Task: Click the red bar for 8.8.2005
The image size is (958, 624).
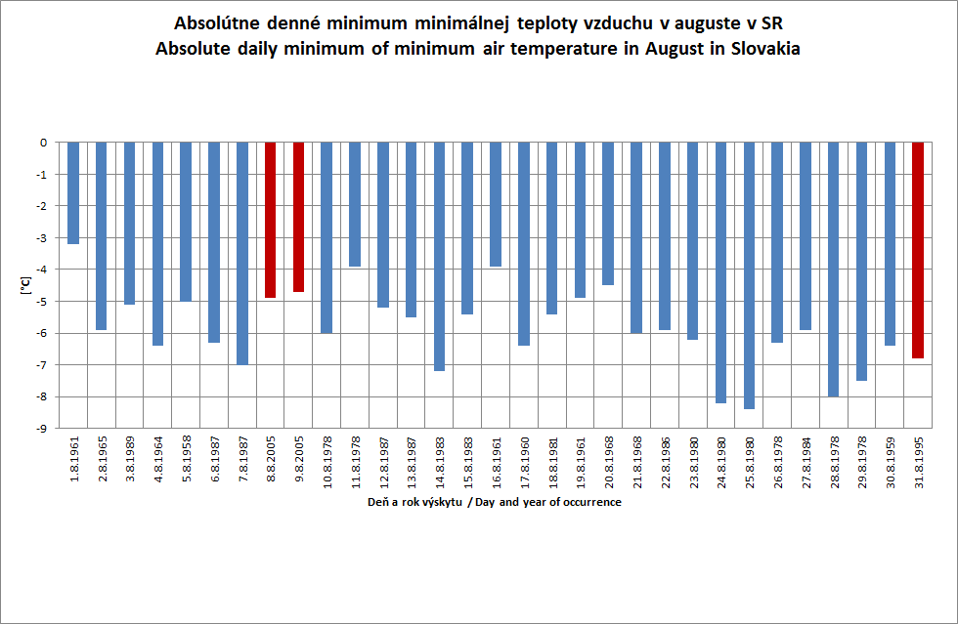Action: point(271,220)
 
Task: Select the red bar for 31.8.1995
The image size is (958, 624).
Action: point(918,250)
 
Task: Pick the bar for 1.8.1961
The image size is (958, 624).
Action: point(73,193)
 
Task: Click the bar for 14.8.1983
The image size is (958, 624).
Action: point(440,257)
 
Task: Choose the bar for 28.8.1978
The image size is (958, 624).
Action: point(834,270)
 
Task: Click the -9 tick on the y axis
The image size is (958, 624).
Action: point(44,429)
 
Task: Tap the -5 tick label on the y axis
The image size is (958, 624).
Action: point(44,302)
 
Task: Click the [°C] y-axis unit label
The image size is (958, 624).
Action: point(23,285)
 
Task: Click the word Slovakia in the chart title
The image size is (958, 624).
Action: point(762,50)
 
